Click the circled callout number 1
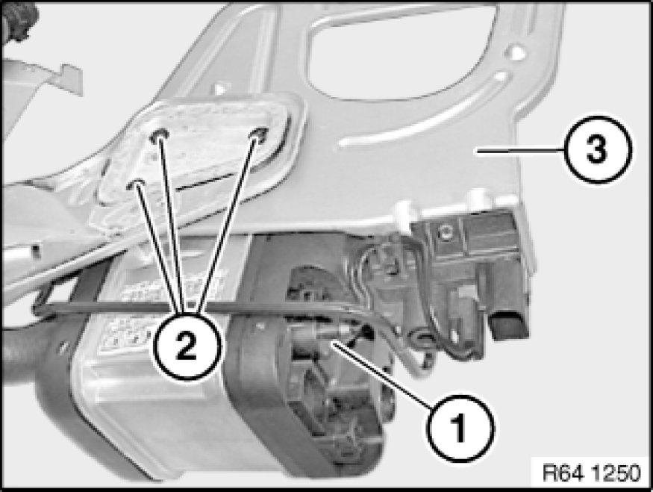[460, 428]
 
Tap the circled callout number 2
[186, 346]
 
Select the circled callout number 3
[598, 149]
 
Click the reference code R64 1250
[591, 473]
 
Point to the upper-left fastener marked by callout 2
[160, 135]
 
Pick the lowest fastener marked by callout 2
[136, 184]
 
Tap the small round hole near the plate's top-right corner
[516, 53]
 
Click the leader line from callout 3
[521, 151]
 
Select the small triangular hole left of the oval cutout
[219, 89]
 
